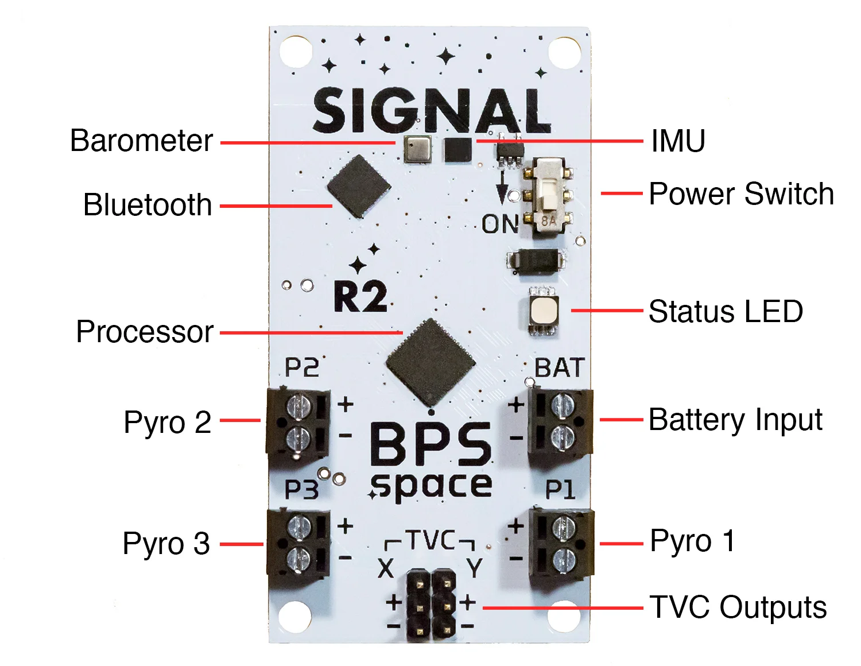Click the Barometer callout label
click(141, 141)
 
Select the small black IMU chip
click(458, 150)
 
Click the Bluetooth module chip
click(359, 186)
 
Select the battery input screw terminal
click(560, 422)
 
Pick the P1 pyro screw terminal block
click(561, 543)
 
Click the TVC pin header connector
click(431, 605)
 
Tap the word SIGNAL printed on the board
click(432, 110)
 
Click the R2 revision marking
click(360, 297)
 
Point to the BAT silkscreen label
click(560, 368)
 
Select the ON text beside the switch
click(500, 224)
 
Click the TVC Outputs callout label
click(738, 607)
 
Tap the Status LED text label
click(726, 312)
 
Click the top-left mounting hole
click(296, 51)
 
